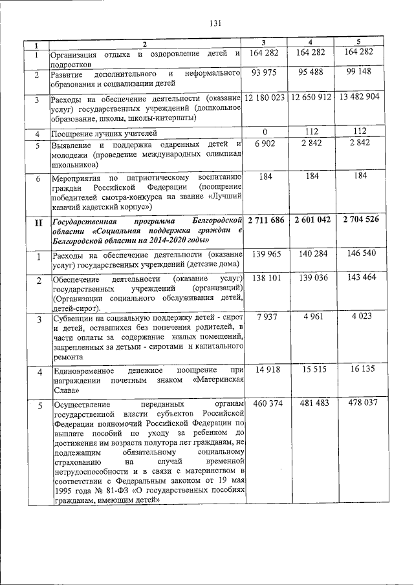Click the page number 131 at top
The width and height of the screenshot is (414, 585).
(215, 24)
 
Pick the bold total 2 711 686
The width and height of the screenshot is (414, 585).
(265, 220)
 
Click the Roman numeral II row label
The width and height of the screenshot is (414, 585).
(38, 223)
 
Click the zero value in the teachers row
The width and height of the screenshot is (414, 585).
(264, 132)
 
